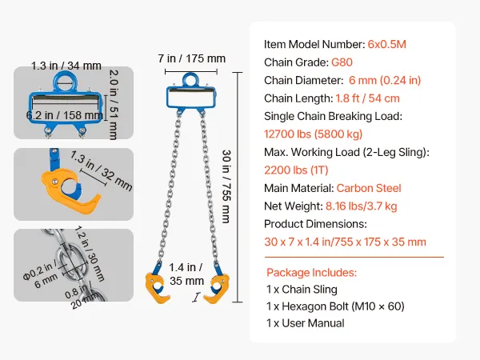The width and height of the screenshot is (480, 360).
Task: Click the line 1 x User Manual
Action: pos(306,323)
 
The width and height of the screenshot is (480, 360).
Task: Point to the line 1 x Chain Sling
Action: pos(302,289)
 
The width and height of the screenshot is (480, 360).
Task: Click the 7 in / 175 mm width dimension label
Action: pos(192,58)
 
